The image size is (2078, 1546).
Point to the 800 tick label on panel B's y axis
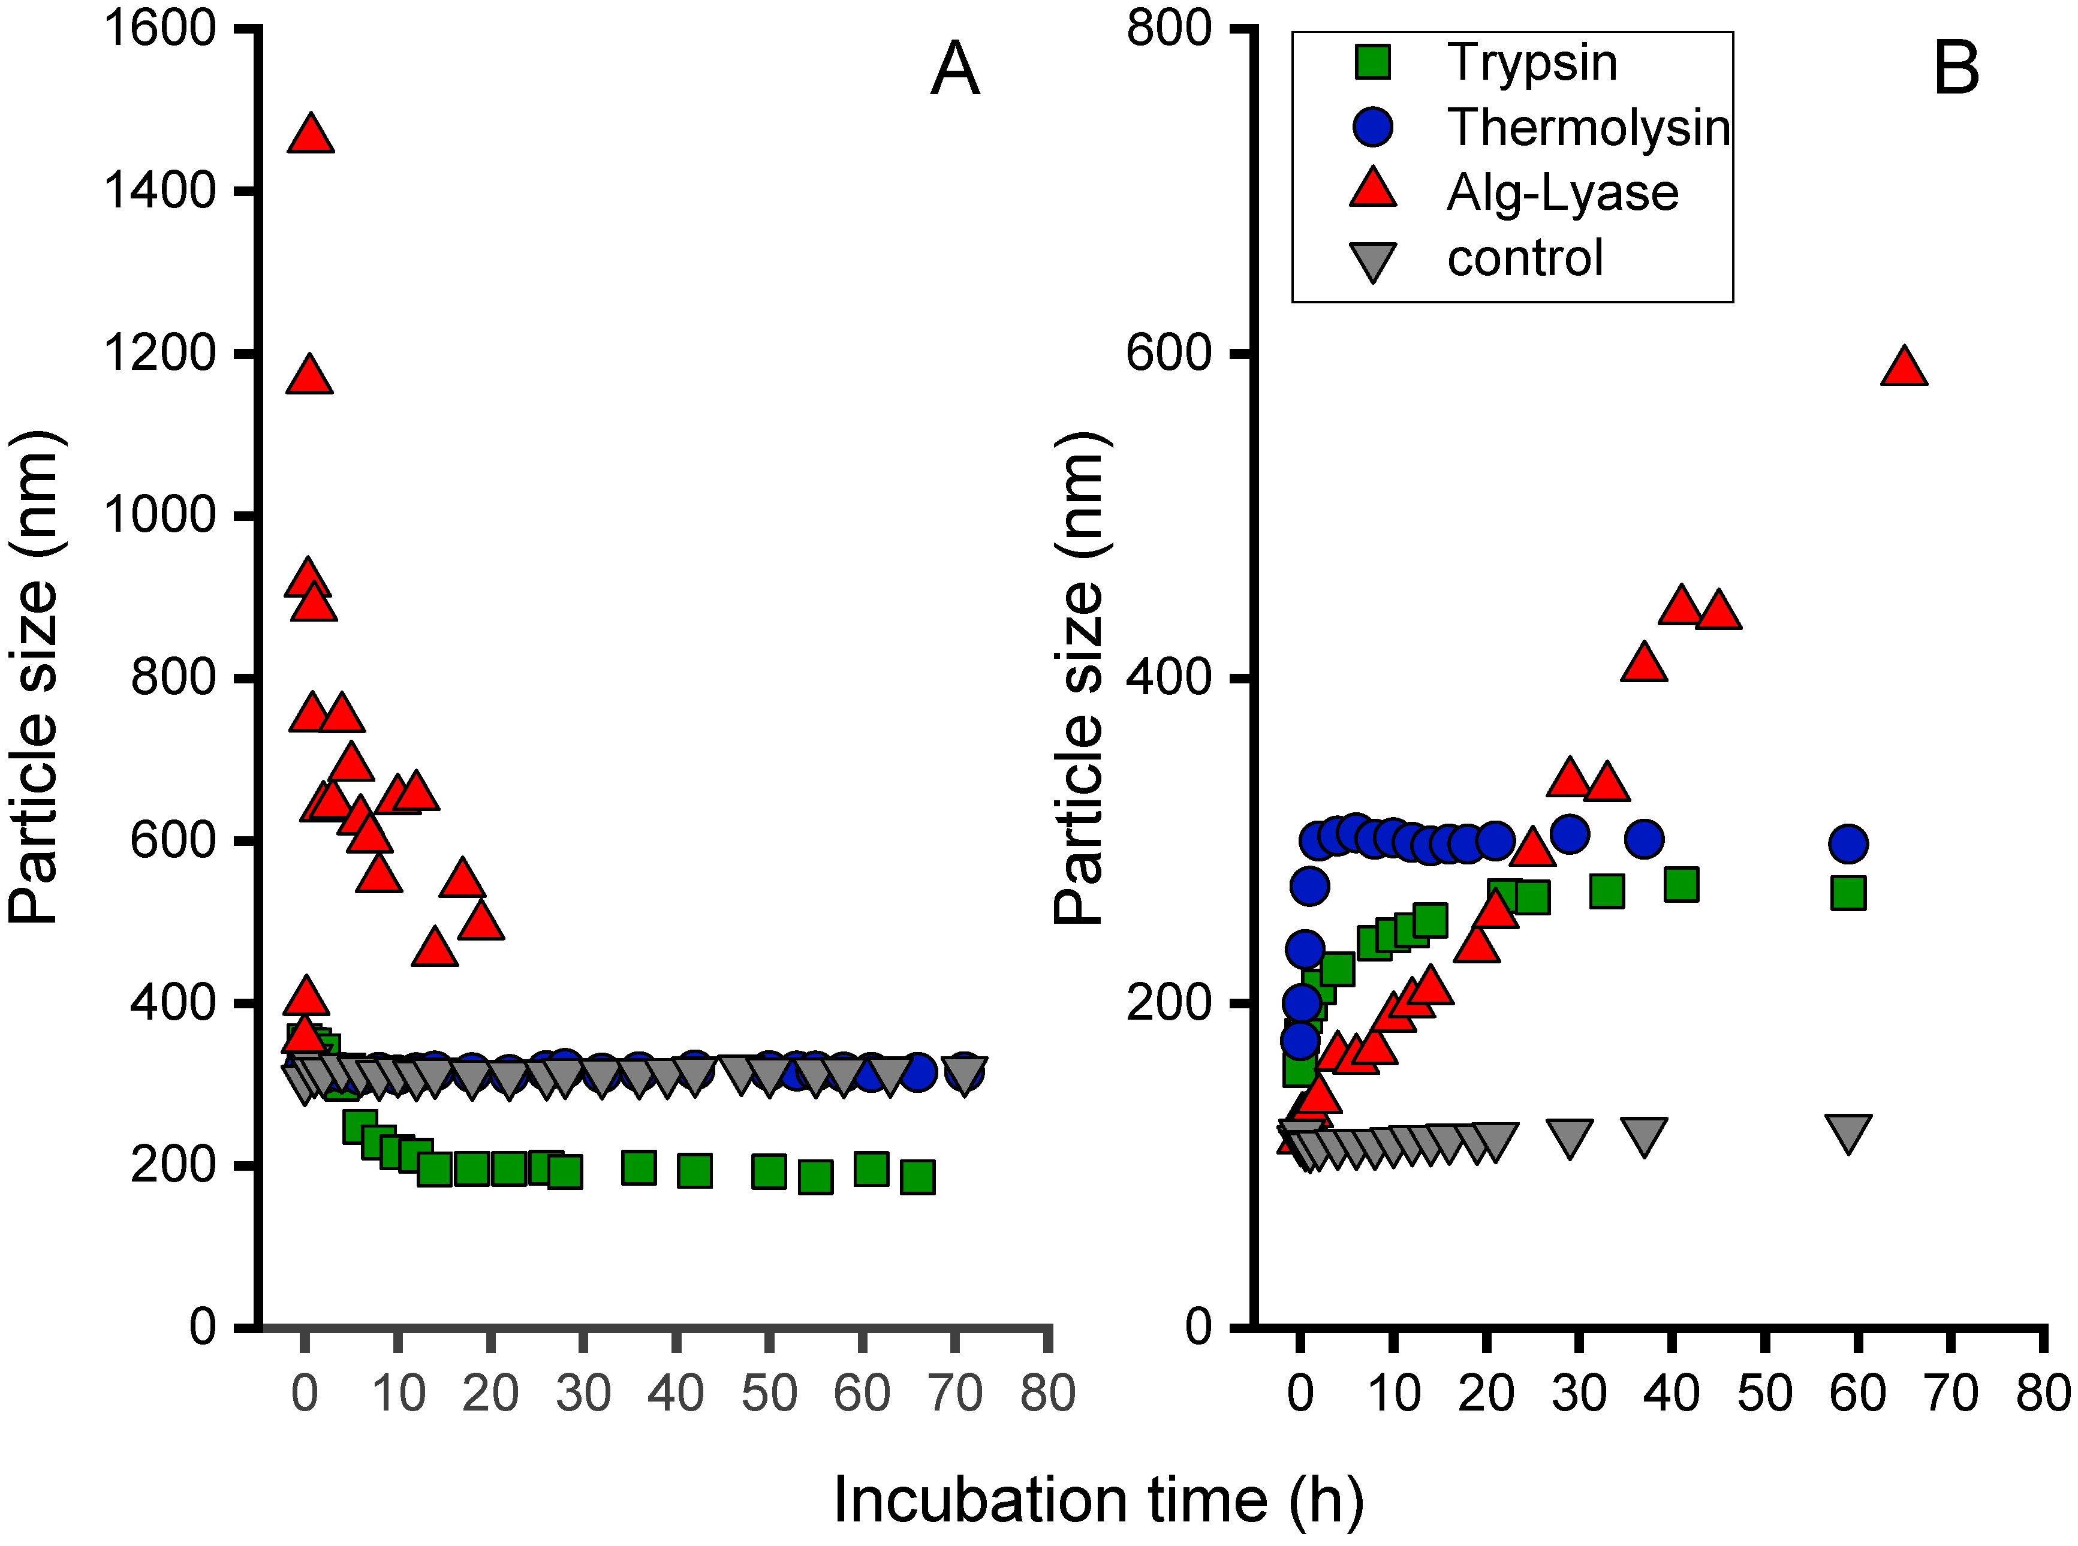point(1170,28)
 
